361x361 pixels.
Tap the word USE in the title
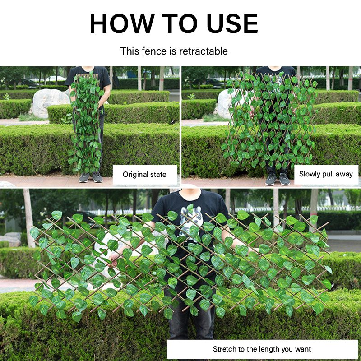pyautogui.click(x=232, y=23)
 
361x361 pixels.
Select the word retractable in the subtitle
pyautogui.click(x=204, y=51)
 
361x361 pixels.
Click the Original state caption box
pyautogui.click(x=144, y=175)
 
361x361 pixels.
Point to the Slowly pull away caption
pyautogui.click(x=326, y=174)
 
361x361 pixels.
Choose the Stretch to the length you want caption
pyautogui.click(x=262, y=349)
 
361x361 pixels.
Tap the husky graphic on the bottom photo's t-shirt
pyautogui.click(x=191, y=221)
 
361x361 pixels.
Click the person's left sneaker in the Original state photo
pyautogui.click(x=84, y=177)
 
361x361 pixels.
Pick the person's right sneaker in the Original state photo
pyautogui.click(x=97, y=177)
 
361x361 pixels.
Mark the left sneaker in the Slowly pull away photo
pyautogui.click(x=271, y=179)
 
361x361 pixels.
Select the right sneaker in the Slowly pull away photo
pyautogui.click(x=285, y=179)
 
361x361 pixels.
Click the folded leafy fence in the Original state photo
pyautogui.click(x=85, y=123)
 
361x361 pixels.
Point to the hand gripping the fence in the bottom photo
pyautogui.click(x=115, y=260)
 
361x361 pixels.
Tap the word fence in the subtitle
pyautogui.click(x=153, y=51)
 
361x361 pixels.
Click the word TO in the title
pyautogui.click(x=180, y=23)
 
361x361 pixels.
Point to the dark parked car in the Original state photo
pyautogui.click(x=29, y=83)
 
